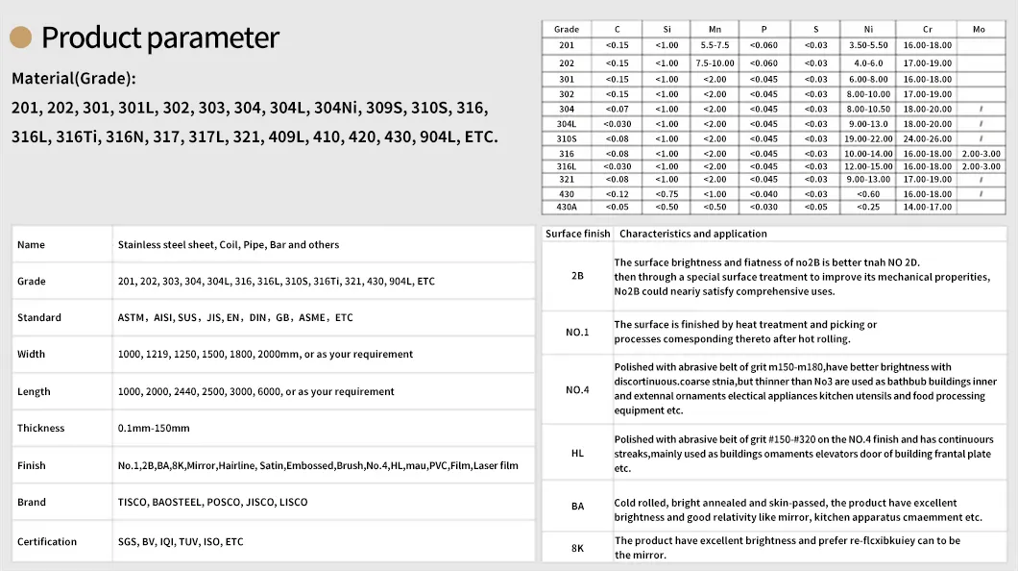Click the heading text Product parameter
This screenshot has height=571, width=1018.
point(160,37)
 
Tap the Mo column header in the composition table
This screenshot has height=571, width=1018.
point(979,30)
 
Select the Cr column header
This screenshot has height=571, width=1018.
point(927,30)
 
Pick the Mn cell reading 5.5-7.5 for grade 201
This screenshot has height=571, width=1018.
point(715,45)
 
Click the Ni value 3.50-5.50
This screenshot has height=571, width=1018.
point(868,45)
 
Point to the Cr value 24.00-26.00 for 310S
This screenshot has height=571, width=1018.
point(927,138)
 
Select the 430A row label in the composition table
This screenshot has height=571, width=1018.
point(567,207)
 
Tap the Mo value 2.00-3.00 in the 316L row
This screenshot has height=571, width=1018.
point(980,166)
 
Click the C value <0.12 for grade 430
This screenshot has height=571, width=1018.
point(618,193)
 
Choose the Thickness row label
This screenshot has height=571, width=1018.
point(41,429)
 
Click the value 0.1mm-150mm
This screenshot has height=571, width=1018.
point(154,429)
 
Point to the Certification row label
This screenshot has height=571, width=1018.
point(47,542)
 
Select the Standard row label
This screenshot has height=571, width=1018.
point(39,318)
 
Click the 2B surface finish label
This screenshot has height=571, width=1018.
point(577,276)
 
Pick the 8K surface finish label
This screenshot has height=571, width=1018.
point(577,548)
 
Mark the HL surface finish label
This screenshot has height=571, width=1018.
point(577,453)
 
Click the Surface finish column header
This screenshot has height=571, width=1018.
point(577,234)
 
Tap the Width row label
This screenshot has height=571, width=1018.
point(32,355)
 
